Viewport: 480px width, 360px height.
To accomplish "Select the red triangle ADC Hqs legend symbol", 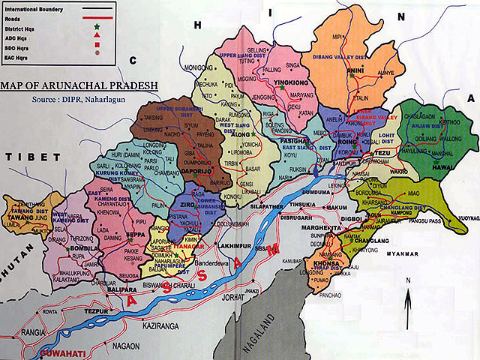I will (x=97, y=37).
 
